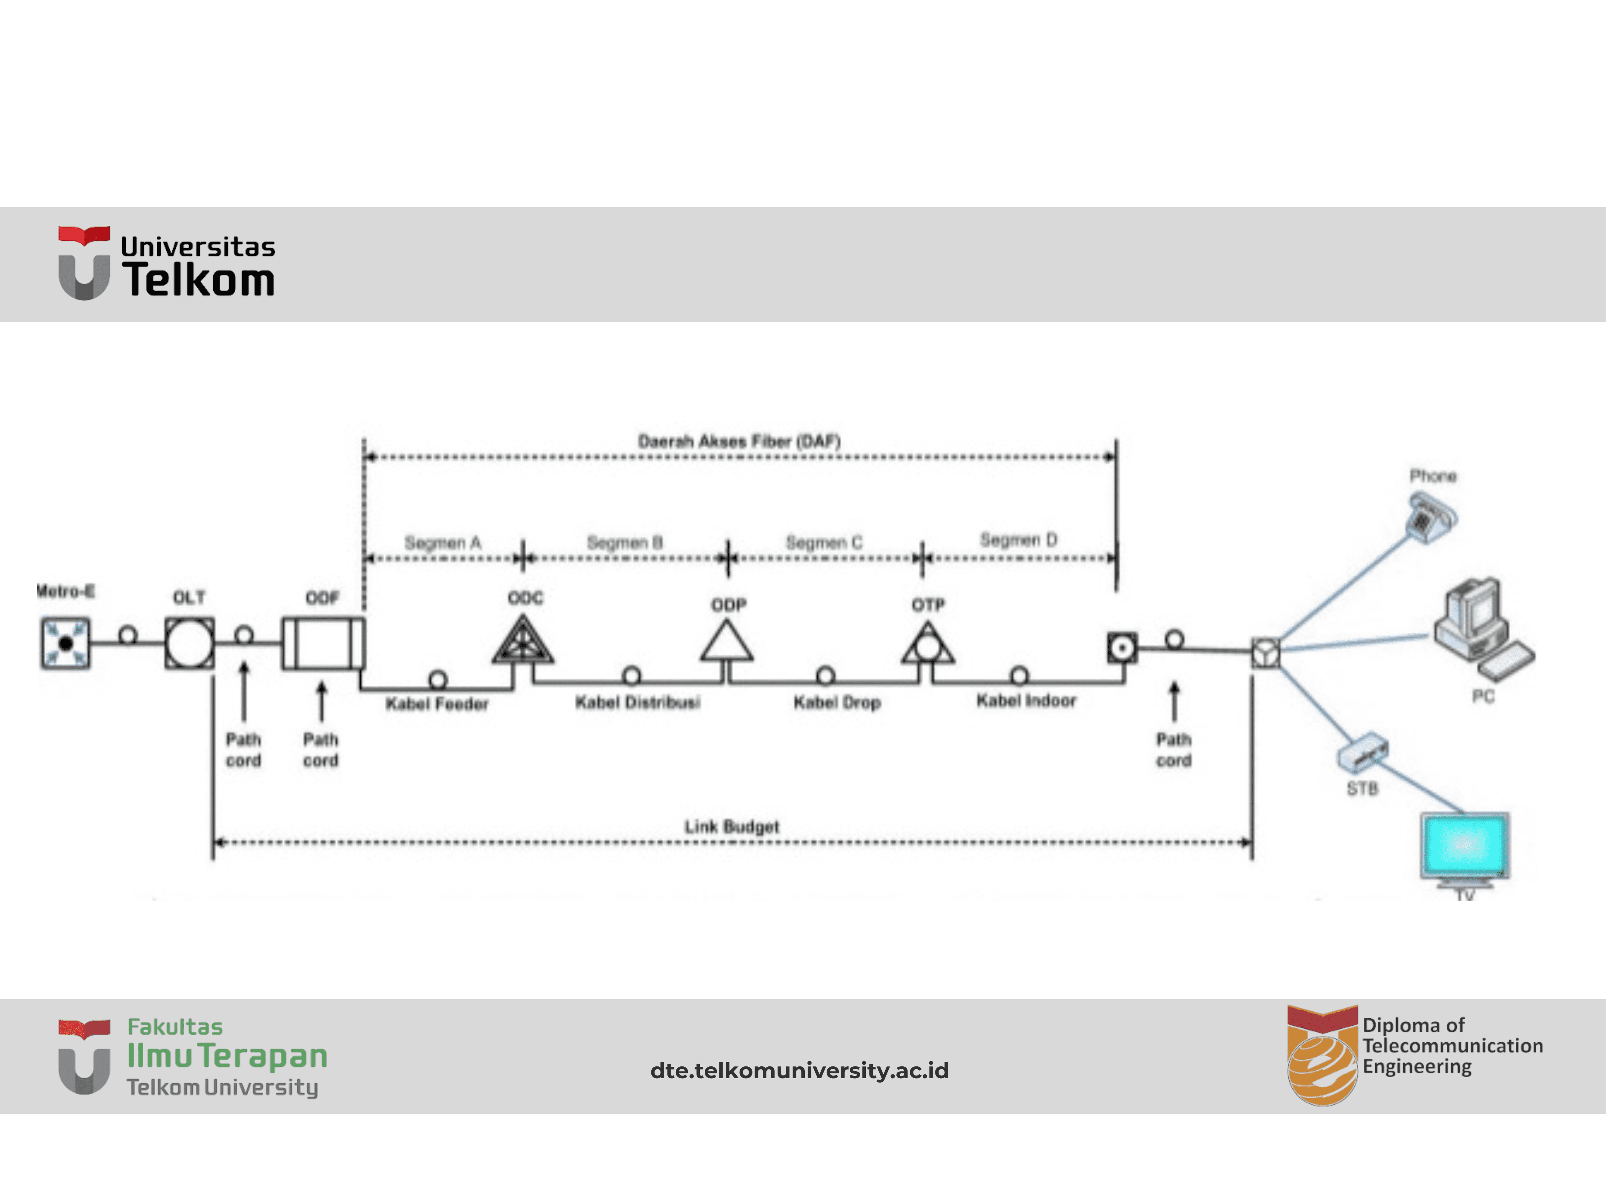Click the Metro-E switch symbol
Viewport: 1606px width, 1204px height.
pyautogui.click(x=65, y=643)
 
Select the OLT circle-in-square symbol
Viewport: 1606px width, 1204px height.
pyautogui.click(x=190, y=643)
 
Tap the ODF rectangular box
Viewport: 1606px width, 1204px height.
pyautogui.click(x=323, y=643)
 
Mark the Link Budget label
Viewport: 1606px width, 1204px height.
pyautogui.click(x=732, y=827)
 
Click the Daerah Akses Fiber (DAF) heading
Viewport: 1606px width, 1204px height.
pyautogui.click(x=739, y=441)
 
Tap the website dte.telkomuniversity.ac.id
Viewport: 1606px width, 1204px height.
pyautogui.click(x=800, y=1071)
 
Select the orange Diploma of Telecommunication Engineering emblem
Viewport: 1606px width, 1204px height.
pyautogui.click(x=1322, y=1056)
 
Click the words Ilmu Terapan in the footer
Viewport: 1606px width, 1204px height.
pyautogui.click(x=227, y=1056)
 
